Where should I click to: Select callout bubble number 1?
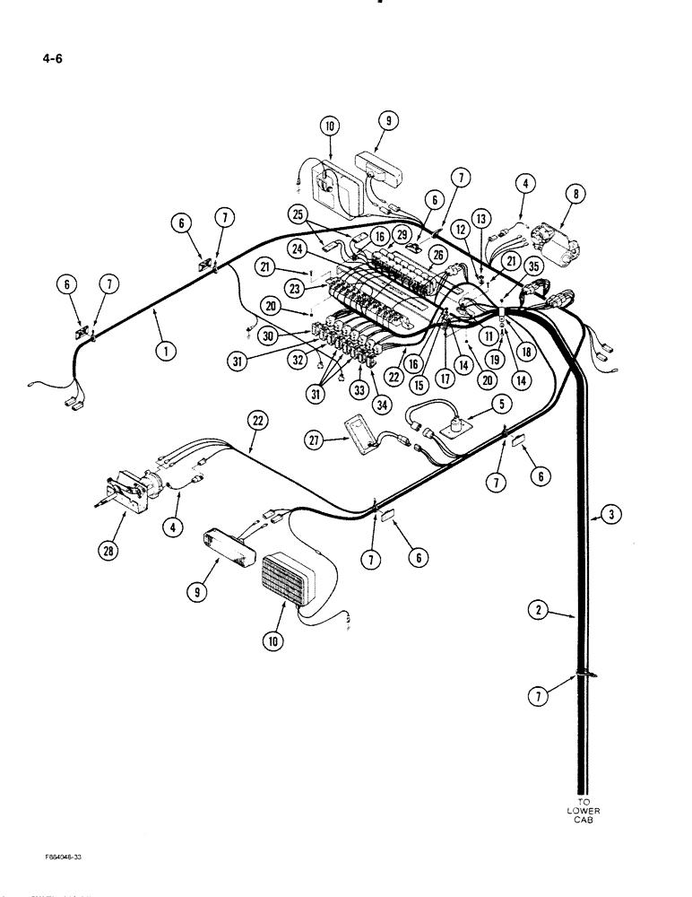click(x=163, y=351)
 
